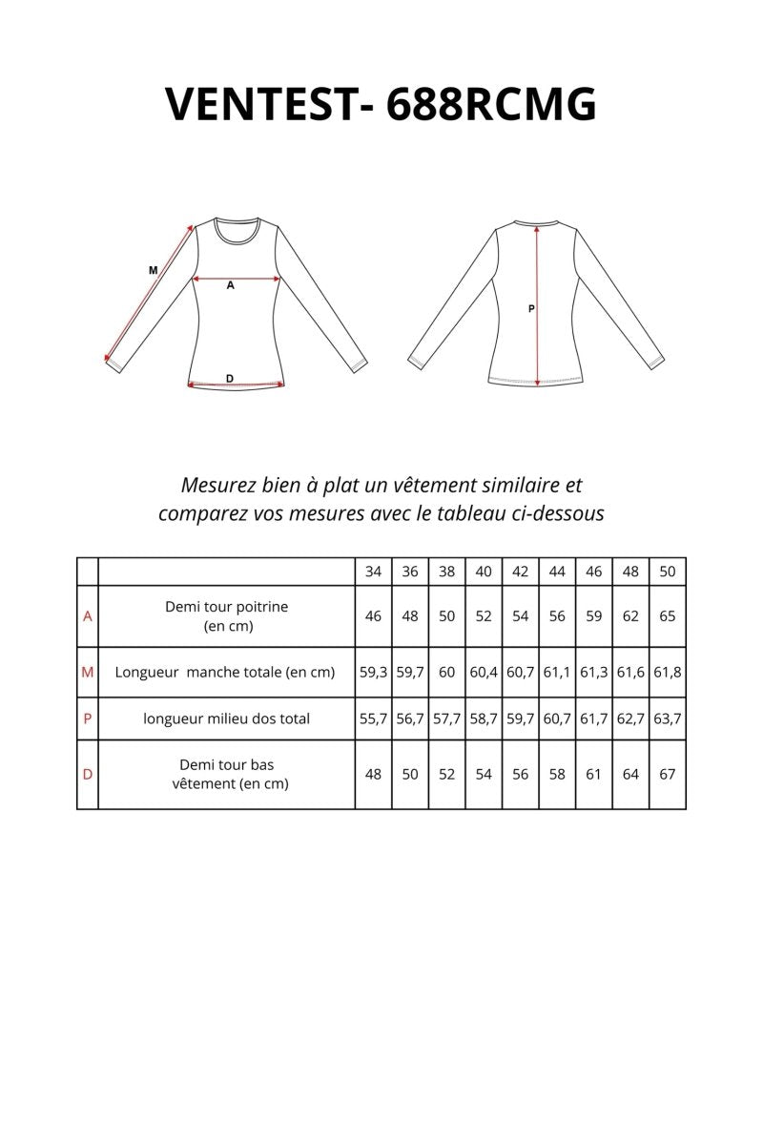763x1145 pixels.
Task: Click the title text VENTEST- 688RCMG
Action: pyautogui.click(x=381, y=103)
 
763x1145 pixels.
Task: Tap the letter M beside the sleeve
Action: pyautogui.click(x=153, y=271)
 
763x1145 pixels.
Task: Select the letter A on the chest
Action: pyautogui.click(x=230, y=285)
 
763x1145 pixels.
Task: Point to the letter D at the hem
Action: pyautogui.click(x=230, y=379)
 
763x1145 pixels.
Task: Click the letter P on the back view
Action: pyautogui.click(x=531, y=308)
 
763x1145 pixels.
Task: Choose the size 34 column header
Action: pyautogui.click(x=373, y=572)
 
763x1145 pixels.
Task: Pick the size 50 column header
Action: pyautogui.click(x=668, y=572)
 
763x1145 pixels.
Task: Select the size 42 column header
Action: pyautogui.click(x=520, y=572)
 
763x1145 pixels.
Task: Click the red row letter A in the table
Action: pyautogui.click(x=88, y=616)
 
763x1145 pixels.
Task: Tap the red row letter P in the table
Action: pyautogui.click(x=88, y=718)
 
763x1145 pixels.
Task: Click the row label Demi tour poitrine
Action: pyautogui.click(x=226, y=607)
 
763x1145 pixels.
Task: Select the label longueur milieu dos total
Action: pyautogui.click(x=226, y=718)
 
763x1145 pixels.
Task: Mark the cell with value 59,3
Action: pyautogui.click(x=373, y=672)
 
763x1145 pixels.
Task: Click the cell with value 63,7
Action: pyautogui.click(x=668, y=718)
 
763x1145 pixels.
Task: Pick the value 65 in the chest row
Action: pyautogui.click(x=668, y=616)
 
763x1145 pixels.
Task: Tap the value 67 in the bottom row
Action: pyautogui.click(x=668, y=774)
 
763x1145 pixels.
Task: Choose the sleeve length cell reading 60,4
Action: pyautogui.click(x=484, y=672)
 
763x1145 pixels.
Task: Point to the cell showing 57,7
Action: pyautogui.click(x=446, y=718)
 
